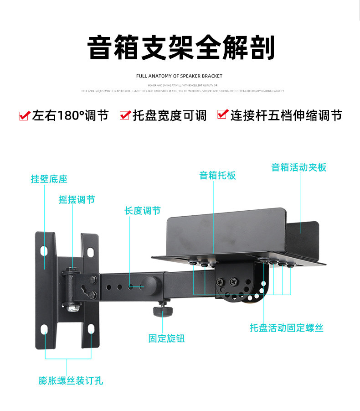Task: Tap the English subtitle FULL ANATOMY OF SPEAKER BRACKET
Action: (x=180, y=76)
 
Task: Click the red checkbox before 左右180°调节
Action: (x=25, y=116)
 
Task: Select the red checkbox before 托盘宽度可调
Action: (x=125, y=115)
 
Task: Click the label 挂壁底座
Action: (x=49, y=179)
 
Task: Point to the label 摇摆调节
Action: (x=77, y=200)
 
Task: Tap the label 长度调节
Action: (x=143, y=211)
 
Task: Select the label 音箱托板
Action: (x=217, y=176)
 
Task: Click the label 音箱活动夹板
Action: (x=299, y=167)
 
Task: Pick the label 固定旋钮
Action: (x=166, y=338)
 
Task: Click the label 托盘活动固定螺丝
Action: (x=286, y=328)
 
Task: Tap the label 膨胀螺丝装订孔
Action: (x=71, y=380)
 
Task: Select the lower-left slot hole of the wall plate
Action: (x=45, y=330)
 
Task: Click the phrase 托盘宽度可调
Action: (x=170, y=116)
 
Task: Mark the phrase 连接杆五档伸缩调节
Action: (x=286, y=116)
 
